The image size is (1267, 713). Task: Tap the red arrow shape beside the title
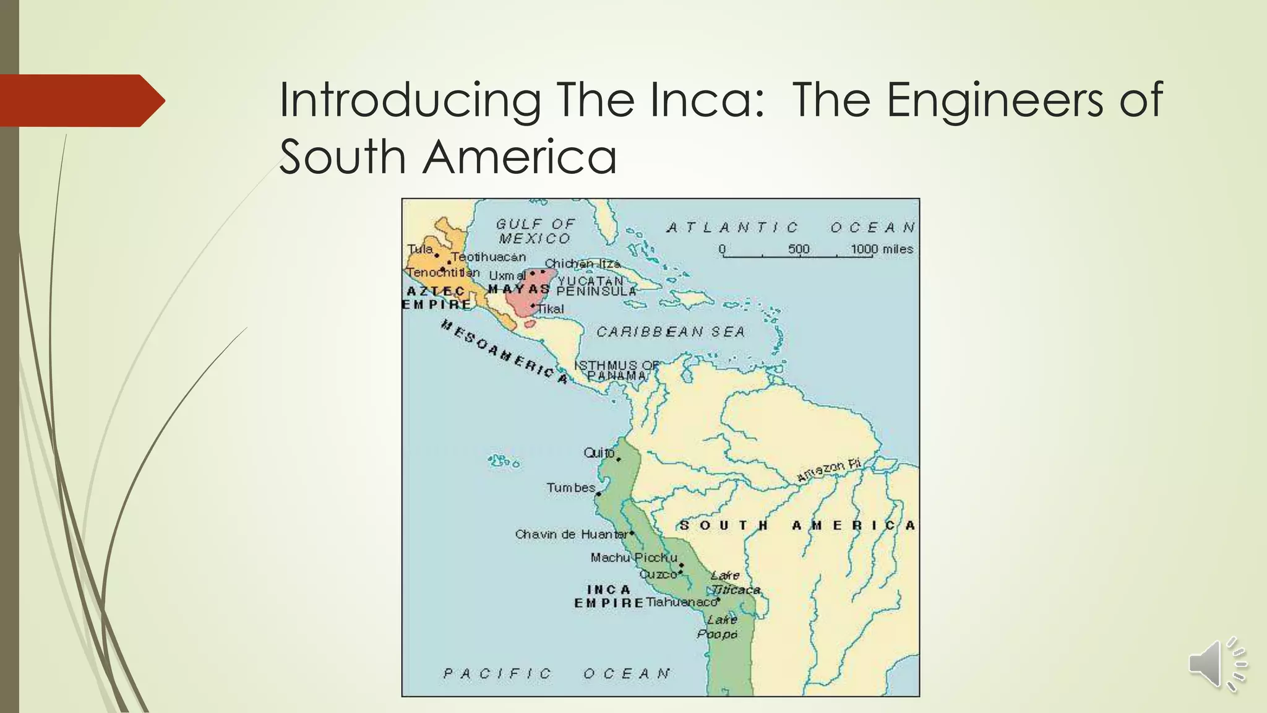(x=80, y=101)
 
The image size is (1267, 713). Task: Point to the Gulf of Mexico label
(x=535, y=231)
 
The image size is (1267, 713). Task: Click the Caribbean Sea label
(x=671, y=332)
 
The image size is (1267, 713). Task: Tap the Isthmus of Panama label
(x=617, y=370)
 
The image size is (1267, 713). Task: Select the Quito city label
(x=599, y=453)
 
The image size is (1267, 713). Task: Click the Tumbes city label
(x=570, y=488)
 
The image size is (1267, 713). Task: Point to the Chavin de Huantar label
(x=571, y=534)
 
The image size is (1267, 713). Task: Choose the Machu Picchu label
(x=633, y=558)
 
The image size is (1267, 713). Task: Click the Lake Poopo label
(x=719, y=627)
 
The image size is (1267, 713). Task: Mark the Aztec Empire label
(x=437, y=298)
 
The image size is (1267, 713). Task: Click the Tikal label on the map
(x=551, y=309)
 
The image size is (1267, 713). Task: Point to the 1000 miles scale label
(x=882, y=249)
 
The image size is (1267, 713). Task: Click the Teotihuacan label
(x=489, y=257)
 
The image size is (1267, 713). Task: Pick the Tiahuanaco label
(x=681, y=602)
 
